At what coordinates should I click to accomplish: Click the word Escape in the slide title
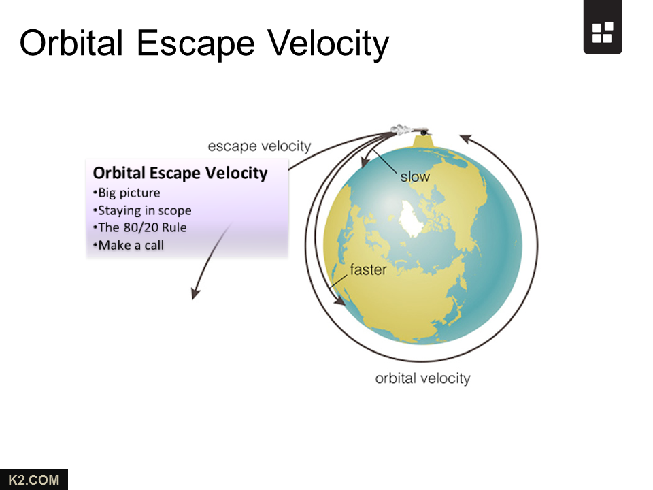[196, 44]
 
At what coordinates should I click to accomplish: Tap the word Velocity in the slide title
[328, 44]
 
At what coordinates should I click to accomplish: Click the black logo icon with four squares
[603, 27]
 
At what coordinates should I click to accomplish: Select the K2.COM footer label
[34, 480]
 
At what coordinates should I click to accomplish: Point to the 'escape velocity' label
[259, 146]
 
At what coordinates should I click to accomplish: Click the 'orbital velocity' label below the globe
[422, 378]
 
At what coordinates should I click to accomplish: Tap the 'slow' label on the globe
[415, 177]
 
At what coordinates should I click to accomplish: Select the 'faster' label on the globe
[368, 269]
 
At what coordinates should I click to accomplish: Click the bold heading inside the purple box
[180, 173]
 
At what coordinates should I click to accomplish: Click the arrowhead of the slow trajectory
[365, 163]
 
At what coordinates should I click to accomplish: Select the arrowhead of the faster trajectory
[339, 299]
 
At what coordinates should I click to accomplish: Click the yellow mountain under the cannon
[423, 142]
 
